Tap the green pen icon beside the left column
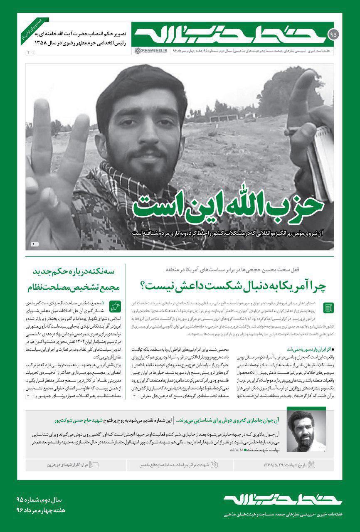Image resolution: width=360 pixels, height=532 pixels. point(114,306)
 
